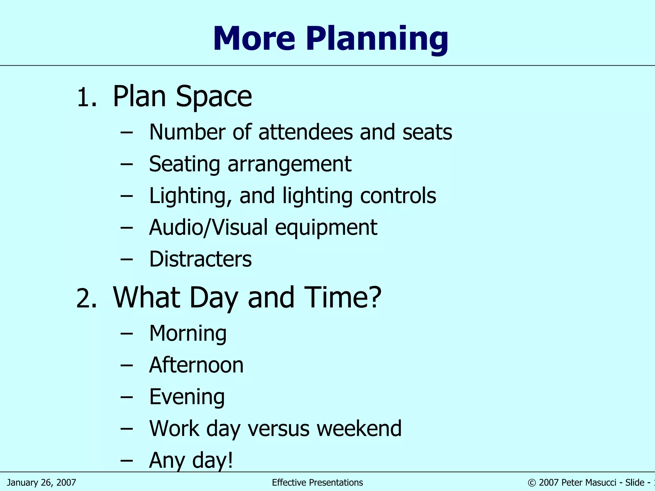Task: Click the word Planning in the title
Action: [x=377, y=39]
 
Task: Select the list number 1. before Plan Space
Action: [x=87, y=97]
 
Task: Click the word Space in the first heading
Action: [x=214, y=97]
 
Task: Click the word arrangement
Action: [x=289, y=164]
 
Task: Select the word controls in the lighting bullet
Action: [x=398, y=196]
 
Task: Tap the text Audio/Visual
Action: [x=208, y=228]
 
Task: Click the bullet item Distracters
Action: [x=201, y=259]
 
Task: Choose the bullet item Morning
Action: [x=188, y=333]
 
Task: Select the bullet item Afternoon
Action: [x=196, y=365]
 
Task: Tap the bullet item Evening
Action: [x=187, y=397]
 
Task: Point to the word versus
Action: [x=279, y=428]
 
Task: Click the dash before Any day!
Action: [x=127, y=460]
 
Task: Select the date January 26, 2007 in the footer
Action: [x=41, y=482]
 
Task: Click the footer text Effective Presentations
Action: [x=317, y=482]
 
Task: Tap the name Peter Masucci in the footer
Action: [x=588, y=482]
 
